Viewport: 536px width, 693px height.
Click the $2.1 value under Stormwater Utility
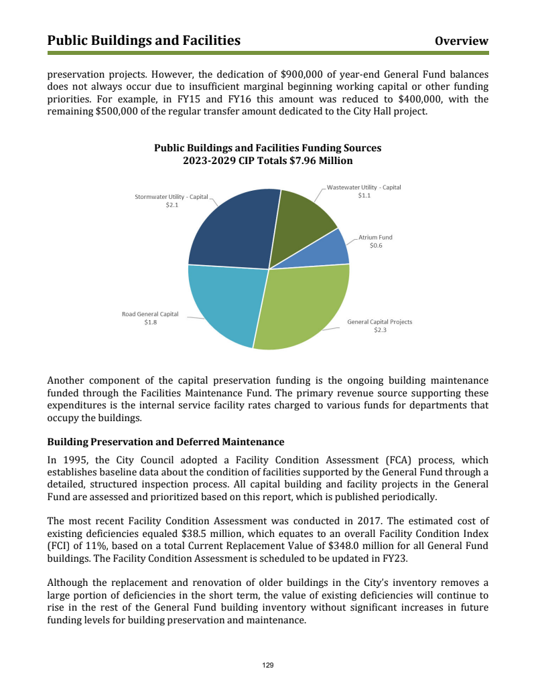(172, 205)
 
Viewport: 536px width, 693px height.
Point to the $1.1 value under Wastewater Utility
(364, 196)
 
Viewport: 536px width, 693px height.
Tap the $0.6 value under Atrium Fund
(376, 246)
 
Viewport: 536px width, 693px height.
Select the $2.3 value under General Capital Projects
(380, 330)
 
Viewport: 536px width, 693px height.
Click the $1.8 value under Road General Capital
(150, 323)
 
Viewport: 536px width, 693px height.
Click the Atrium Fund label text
(375, 237)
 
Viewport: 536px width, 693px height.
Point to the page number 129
(268, 665)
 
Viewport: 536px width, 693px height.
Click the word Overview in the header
(462, 42)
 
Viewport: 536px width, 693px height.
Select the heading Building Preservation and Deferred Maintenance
(166, 442)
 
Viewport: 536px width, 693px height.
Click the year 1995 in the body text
(76, 460)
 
